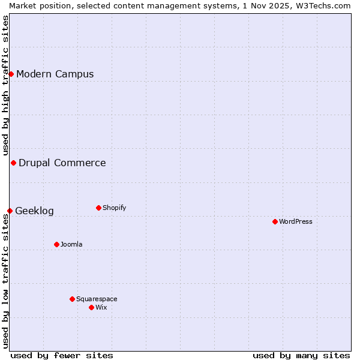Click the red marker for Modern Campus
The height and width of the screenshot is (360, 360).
[11, 74]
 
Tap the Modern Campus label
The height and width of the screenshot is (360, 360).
[55, 74]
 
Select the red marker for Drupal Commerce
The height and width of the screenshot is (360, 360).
[13, 163]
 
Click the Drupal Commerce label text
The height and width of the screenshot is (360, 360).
[62, 163]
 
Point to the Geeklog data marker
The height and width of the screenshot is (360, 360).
[10, 211]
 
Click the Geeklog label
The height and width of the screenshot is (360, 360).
[34, 211]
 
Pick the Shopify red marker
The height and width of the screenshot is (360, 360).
[98, 208]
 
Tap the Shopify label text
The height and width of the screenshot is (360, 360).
[114, 208]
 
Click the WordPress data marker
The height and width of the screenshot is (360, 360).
[275, 221]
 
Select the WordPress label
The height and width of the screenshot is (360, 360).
[296, 221]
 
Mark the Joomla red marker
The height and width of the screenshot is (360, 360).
[56, 244]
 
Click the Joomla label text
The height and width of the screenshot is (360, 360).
[71, 244]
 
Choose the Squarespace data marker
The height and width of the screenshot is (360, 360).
[72, 299]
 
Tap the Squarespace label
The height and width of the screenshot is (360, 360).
[97, 299]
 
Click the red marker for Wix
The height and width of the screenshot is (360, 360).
[91, 307]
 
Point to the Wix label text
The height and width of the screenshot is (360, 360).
[101, 307]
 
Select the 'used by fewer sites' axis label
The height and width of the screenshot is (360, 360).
[62, 355]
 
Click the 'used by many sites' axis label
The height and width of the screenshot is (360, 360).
[301, 355]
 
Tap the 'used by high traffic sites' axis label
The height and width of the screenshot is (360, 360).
[5, 86]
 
